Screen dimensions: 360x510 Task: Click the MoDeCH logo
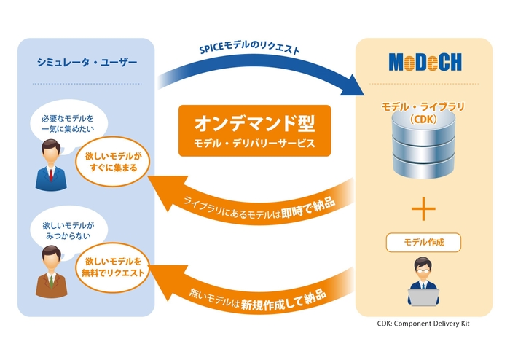pos(424,63)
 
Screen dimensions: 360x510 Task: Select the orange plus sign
pos(423,209)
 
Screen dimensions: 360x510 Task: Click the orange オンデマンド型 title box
pos(254,130)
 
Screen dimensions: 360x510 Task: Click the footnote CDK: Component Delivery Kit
pos(423,323)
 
